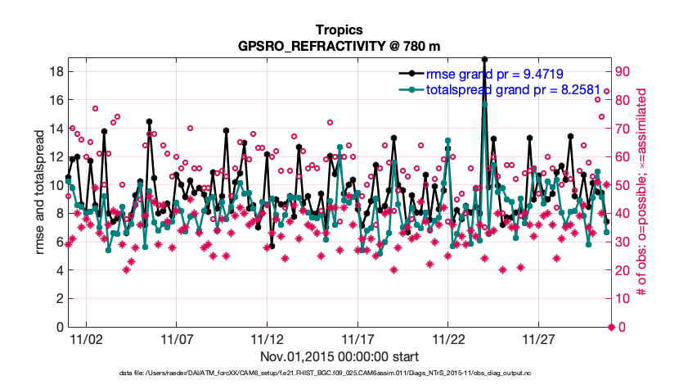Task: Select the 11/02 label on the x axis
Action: coord(85,340)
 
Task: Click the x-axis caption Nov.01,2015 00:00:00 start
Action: coord(339,356)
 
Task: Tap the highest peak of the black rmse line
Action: coord(485,59)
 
